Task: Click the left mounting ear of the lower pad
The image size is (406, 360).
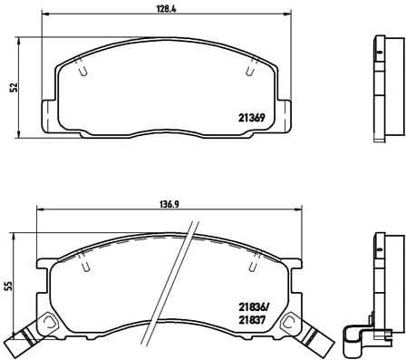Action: coord(42,272)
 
